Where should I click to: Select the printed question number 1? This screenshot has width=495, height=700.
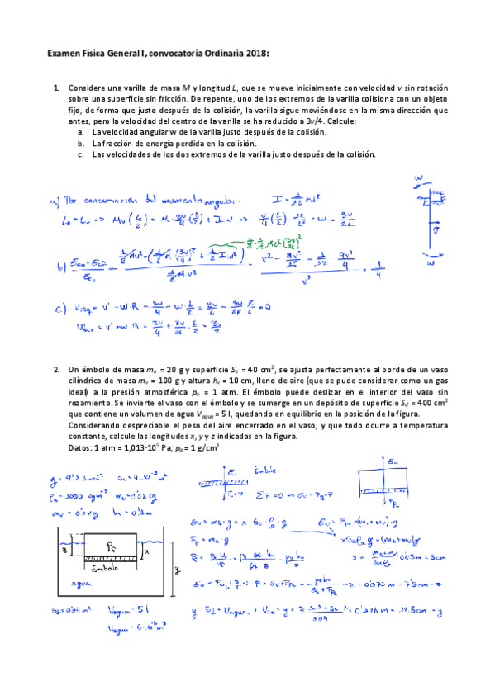55,87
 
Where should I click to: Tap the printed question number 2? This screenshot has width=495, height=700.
55,369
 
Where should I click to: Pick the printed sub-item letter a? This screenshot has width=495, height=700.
80,131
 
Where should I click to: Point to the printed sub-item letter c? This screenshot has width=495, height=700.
80,154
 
